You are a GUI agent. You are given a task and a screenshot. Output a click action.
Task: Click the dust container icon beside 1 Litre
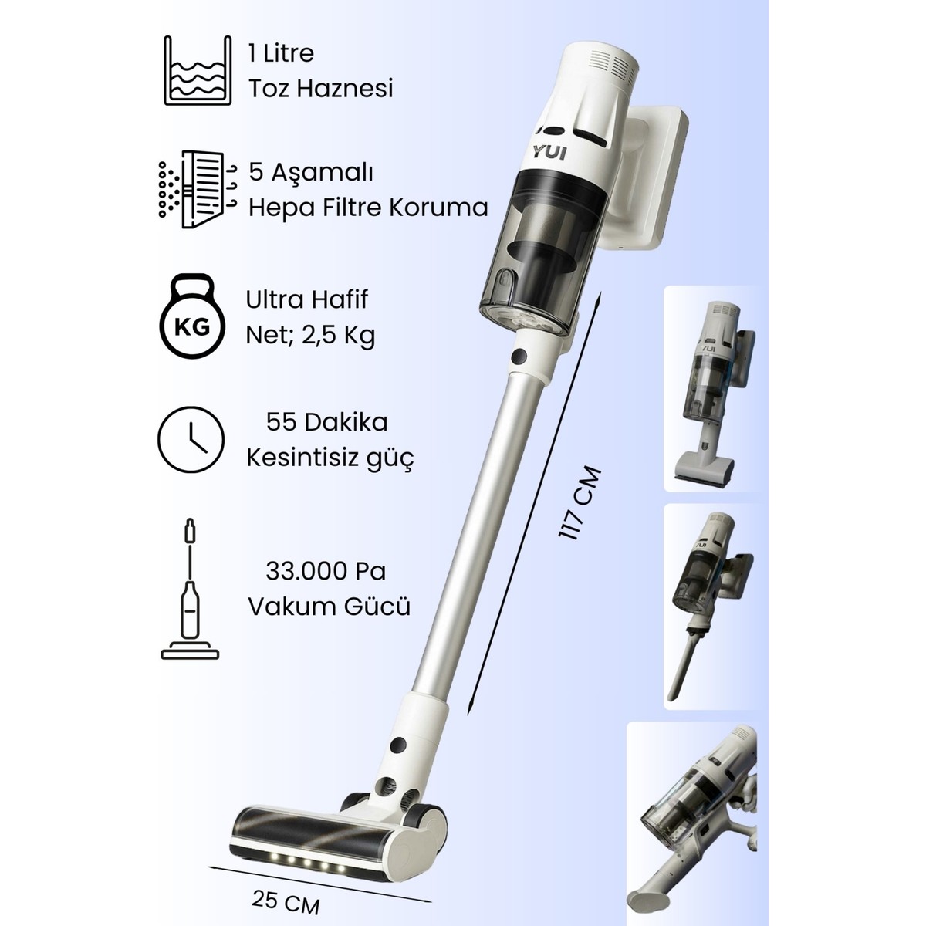point(198,70)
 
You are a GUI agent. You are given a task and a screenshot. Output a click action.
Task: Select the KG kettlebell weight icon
point(191,316)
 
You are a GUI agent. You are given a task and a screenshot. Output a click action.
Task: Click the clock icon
point(191,439)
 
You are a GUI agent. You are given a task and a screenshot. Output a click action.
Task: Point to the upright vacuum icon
point(190,589)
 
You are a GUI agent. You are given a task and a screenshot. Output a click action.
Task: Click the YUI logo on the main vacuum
point(549,154)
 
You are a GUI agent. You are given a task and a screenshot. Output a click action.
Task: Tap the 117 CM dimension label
point(579,504)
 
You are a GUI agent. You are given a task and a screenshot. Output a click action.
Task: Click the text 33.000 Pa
point(326,571)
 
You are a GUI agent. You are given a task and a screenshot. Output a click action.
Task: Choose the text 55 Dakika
point(326,422)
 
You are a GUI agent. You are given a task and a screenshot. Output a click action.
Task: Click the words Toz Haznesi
point(320,89)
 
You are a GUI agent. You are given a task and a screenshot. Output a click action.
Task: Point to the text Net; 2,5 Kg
point(310,336)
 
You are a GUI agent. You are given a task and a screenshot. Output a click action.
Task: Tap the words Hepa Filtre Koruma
point(368,208)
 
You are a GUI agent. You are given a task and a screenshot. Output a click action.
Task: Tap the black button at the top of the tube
point(519,356)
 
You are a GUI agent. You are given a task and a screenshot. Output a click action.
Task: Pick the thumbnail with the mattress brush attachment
point(713,389)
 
